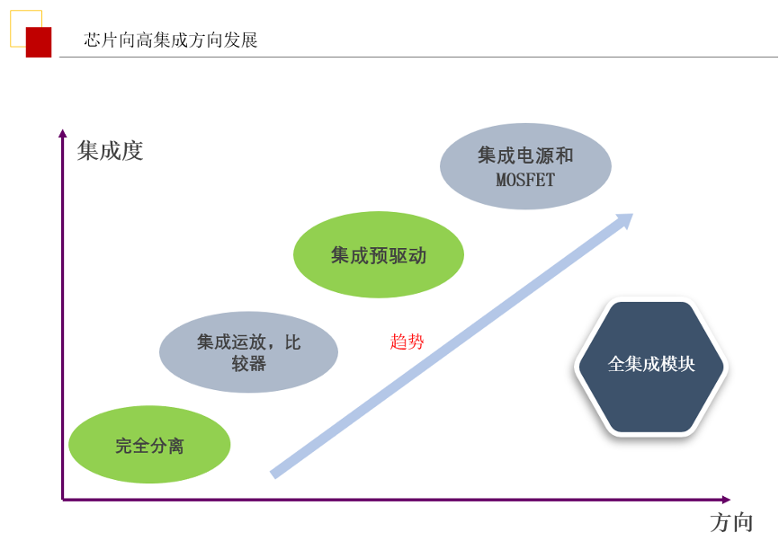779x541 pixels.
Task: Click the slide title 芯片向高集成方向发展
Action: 170,40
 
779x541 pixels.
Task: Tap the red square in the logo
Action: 39,42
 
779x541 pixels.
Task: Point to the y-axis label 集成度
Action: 111,150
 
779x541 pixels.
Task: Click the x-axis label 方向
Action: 732,523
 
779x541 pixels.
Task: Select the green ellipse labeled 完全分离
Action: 149,444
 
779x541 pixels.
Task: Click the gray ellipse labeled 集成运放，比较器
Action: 248,352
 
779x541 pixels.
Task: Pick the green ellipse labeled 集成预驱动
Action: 379,254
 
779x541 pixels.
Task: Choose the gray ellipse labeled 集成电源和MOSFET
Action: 525,166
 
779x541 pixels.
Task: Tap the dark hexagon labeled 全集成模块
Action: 651,367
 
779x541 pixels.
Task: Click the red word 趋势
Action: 407,341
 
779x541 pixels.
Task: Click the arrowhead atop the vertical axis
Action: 63,133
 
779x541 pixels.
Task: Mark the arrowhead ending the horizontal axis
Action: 726,500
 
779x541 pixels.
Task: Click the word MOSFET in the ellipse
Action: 525,180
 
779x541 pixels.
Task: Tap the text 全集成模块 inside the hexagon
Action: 651,364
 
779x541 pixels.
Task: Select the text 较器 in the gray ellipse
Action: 248,364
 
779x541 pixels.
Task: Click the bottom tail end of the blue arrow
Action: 273,474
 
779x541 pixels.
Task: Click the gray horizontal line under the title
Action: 418,58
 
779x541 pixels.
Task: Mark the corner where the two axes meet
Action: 63,500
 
